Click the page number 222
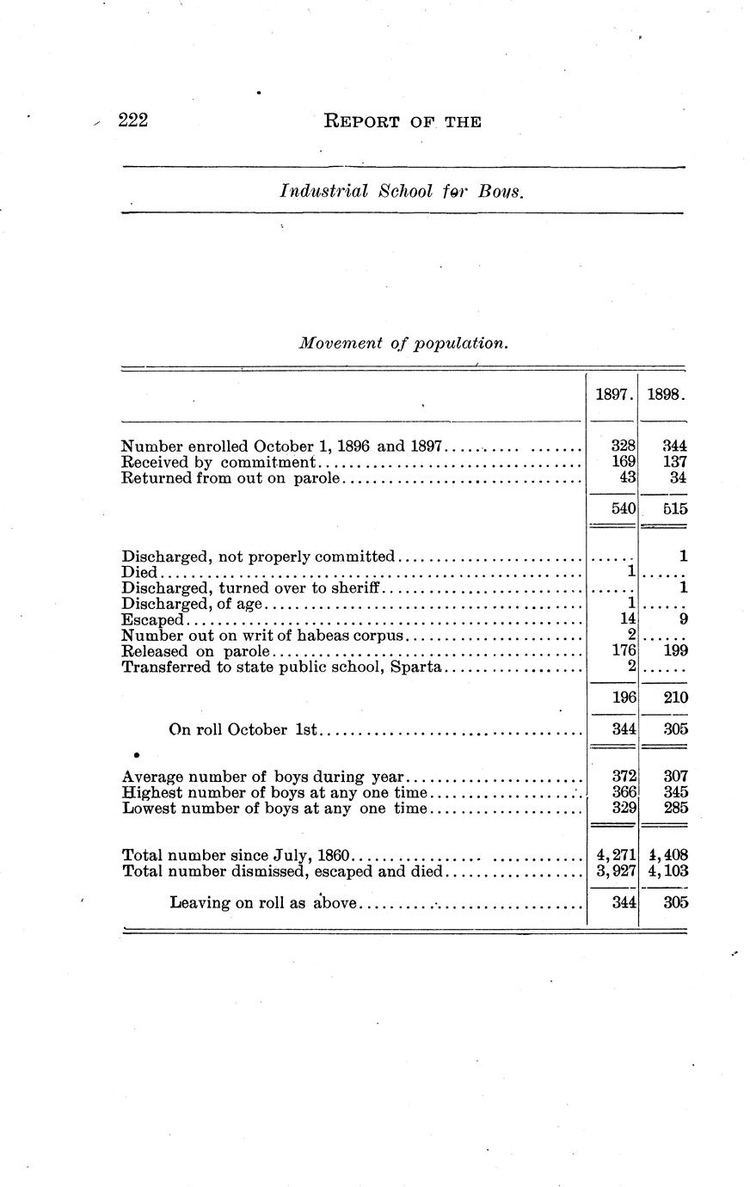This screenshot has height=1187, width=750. pyautogui.click(x=134, y=120)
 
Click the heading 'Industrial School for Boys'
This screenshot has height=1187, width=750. pyautogui.click(x=402, y=191)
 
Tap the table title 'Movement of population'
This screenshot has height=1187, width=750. pyautogui.click(x=403, y=343)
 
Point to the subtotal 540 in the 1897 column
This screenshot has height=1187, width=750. pyautogui.click(x=623, y=508)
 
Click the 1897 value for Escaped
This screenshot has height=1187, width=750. pyautogui.click(x=627, y=619)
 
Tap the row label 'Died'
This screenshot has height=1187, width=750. pyautogui.click(x=139, y=572)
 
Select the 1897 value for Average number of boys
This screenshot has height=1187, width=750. pyautogui.click(x=623, y=776)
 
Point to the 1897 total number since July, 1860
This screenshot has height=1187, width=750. pyautogui.click(x=616, y=856)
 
